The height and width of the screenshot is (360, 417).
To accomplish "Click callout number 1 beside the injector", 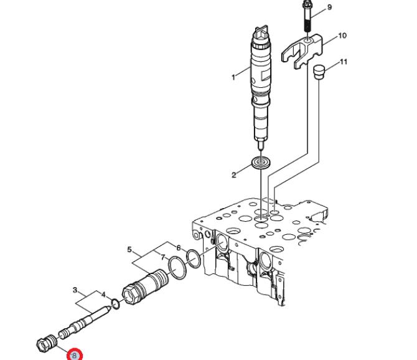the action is (x=233, y=77).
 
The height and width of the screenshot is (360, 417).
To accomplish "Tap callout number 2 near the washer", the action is (x=234, y=175).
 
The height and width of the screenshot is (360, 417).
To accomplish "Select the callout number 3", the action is (x=75, y=290).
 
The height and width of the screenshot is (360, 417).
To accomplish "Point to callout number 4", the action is (x=103, y=295).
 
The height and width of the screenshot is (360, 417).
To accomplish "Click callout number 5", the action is (x=129, y=250).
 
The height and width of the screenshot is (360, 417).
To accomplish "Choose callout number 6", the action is (x=179, y=248).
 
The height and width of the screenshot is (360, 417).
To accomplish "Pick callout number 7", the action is (x=163, y=257).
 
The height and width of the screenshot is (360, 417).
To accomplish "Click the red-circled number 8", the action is (x=75, y=355).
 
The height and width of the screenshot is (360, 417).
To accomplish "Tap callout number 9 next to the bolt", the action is (x=329, y=7).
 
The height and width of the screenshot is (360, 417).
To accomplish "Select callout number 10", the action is (x=342, y=36).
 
